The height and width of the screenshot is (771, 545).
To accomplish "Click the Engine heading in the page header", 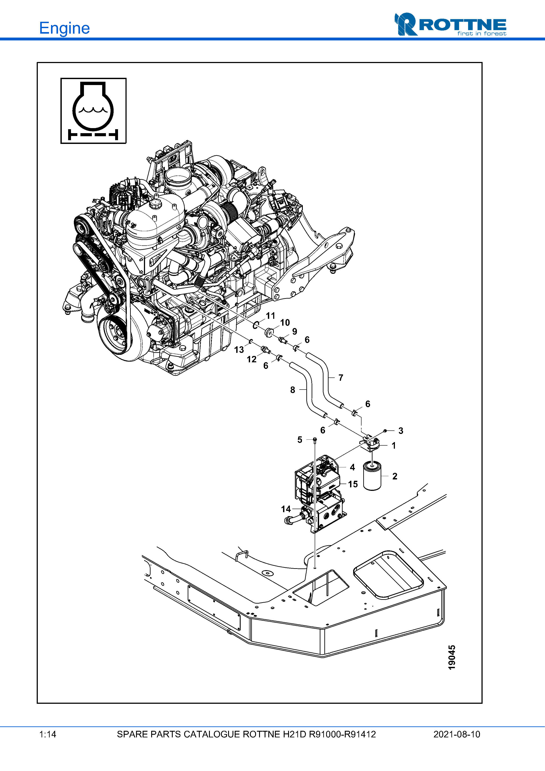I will point(64,28).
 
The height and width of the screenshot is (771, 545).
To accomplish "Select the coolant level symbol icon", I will point(93,111).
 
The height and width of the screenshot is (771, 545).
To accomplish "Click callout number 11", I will point(270,316).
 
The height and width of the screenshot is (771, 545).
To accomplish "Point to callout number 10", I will point(285,323).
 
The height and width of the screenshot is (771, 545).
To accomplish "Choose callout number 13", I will point(239,350).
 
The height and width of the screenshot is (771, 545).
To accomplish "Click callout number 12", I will point(251,359).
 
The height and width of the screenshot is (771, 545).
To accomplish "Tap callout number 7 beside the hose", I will point(341,378).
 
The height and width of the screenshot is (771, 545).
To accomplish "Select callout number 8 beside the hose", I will point(292,390).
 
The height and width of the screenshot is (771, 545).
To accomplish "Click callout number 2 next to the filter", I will point(395,476).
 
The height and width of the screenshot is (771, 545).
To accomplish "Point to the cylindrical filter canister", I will point(372,476).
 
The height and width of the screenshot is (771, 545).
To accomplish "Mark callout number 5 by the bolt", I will point(300,440).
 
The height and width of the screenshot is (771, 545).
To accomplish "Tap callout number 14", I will point(286,509).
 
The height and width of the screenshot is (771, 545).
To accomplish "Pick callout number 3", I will point(401,431).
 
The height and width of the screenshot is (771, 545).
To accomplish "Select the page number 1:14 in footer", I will point(48,734).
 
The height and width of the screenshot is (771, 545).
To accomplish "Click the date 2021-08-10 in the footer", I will point(457,734).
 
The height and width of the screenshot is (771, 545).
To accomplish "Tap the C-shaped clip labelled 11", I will point(255,325).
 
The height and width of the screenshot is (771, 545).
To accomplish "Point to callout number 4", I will point(352,467).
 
